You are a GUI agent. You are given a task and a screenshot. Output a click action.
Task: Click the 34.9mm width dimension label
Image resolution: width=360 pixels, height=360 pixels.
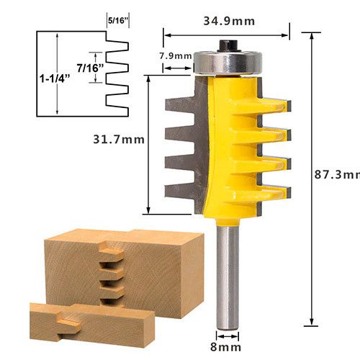pos(229,21)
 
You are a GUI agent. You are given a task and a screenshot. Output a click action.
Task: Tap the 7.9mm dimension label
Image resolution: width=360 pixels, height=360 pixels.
pos(176,56)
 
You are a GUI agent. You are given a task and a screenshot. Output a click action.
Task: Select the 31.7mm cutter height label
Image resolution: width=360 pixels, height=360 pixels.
pos(119,139)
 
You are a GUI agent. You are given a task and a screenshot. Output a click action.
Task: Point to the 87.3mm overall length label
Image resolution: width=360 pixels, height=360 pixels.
pos(337,174)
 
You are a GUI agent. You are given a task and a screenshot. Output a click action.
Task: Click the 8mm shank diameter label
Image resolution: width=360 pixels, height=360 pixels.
pos(225,347)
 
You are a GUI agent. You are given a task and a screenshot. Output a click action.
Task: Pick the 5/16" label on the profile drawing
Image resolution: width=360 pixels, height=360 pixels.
pos(117,21)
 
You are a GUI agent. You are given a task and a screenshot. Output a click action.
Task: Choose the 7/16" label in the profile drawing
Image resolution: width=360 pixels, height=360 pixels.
pos(90,68)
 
